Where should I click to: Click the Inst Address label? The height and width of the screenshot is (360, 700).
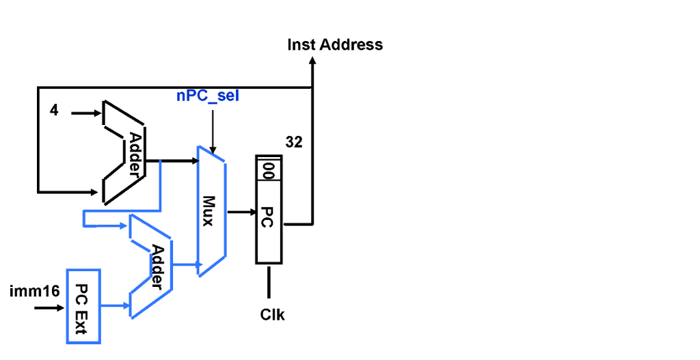coord(335,45)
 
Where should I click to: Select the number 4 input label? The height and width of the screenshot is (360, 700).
coord(54,110)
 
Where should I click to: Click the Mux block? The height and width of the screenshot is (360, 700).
coord(211,211)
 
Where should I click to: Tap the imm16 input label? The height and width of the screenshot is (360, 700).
coord(34,292)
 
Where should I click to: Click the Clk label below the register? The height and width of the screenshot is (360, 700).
coord(272,315)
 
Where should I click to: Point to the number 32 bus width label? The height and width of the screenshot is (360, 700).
coord(294,143)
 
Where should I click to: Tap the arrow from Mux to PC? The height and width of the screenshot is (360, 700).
coord(241,212)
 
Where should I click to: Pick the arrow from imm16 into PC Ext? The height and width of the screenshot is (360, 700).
coord(49,308)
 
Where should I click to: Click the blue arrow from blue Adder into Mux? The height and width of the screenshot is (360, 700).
coord(185,264)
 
